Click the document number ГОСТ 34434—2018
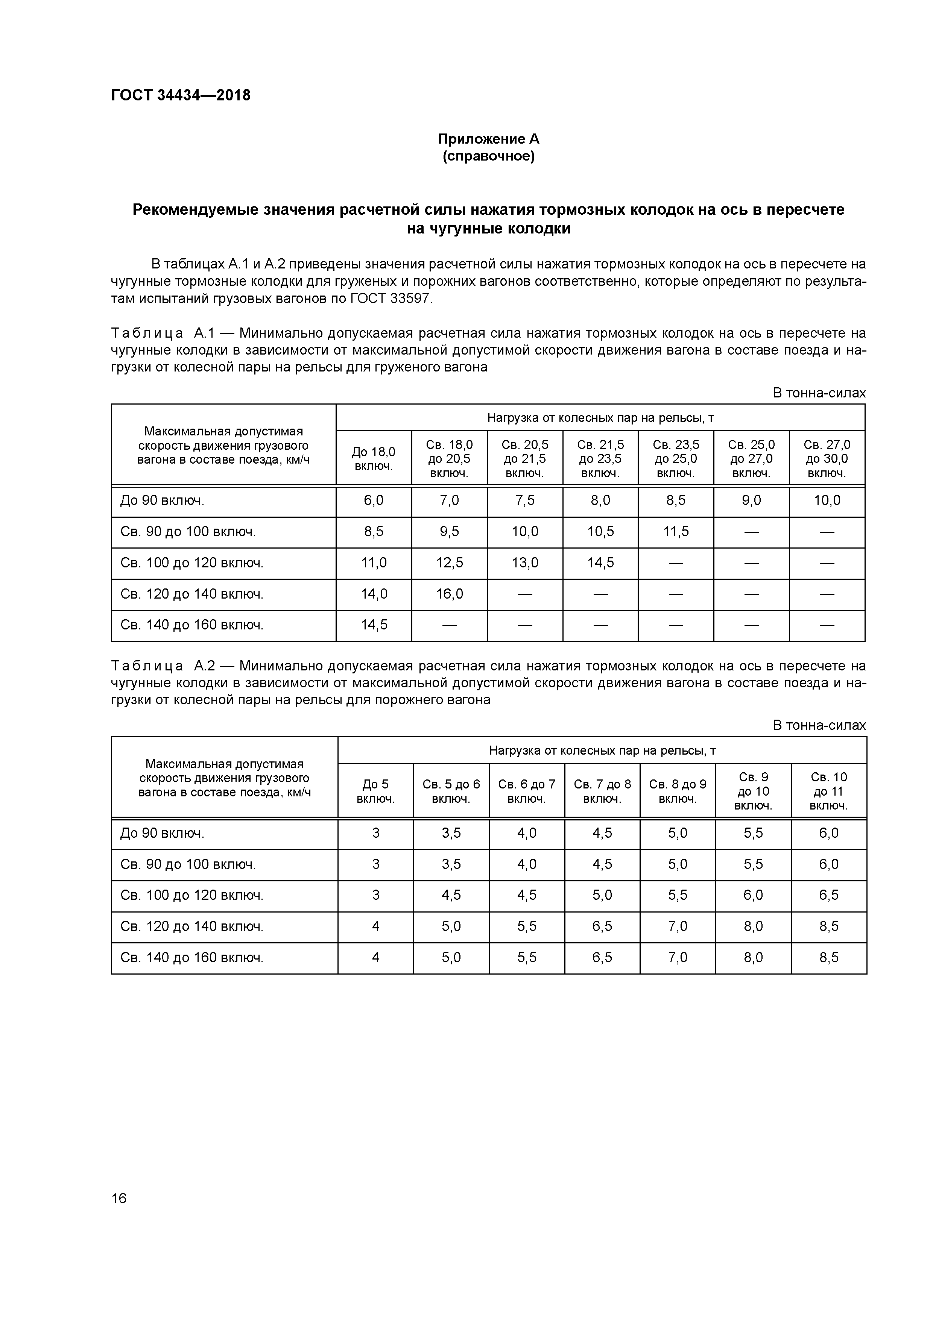pos(181,96)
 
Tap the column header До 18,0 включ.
pos(373,459)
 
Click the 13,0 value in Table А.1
pos(524,563)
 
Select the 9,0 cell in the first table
pos(751,501)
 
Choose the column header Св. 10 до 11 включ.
pos(828,791)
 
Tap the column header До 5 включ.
pos(375,791)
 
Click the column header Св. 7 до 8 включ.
pos(602,791)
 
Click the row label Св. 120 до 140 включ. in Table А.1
pos(191,594)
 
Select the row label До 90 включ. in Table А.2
pos(162,833)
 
